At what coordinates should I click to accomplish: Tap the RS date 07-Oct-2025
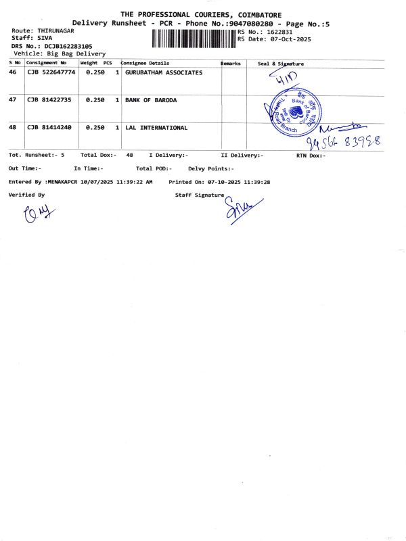tap(286, 39)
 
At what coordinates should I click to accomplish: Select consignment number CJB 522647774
tap(51, 72)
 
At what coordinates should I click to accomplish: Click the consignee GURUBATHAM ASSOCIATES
tap(164, 72)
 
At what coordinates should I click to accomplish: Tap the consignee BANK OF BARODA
tap(151, 100)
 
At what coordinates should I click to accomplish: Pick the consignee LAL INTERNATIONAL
tap(156, 127)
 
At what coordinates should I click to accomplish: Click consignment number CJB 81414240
tap(49, 127)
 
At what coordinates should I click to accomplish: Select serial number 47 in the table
tap(12, 100)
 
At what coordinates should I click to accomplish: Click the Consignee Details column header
tap(145, 63)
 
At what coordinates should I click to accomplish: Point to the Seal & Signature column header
tap(281, 64)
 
